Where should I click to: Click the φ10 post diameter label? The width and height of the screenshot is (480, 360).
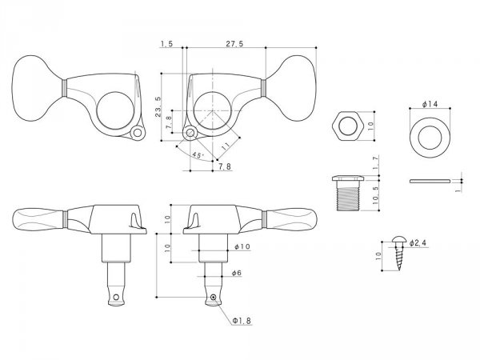240,248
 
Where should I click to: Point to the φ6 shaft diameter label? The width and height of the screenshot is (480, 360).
237,274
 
